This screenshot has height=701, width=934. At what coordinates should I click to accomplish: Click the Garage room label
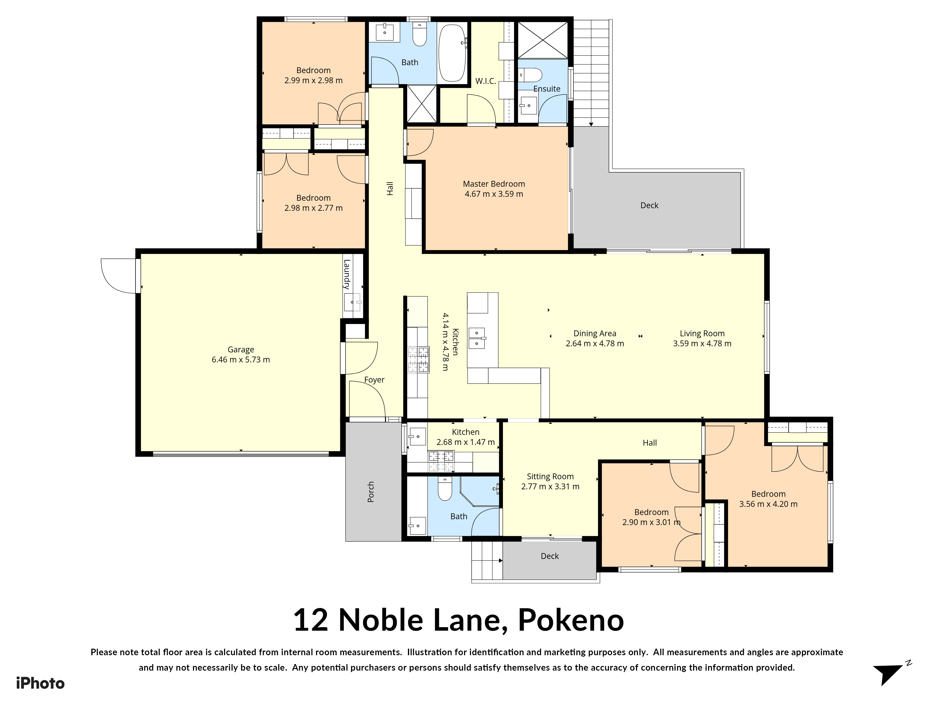tap(241, 349)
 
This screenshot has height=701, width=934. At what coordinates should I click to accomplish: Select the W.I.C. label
tap(486, 81)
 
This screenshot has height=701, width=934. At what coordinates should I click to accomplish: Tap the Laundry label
tap(347, 274)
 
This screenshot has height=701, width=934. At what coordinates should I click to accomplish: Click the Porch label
tap(371, 492)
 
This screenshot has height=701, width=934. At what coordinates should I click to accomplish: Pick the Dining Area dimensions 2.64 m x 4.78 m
tap(594, 343)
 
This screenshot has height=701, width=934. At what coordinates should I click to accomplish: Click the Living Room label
tap(702, 333)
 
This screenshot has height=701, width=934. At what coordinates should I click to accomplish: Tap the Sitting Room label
tap(550, 477)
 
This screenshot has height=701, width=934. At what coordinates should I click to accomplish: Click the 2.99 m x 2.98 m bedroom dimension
tap(313, 80)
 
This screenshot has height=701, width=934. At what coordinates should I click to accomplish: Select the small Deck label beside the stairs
tap(549, 556)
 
